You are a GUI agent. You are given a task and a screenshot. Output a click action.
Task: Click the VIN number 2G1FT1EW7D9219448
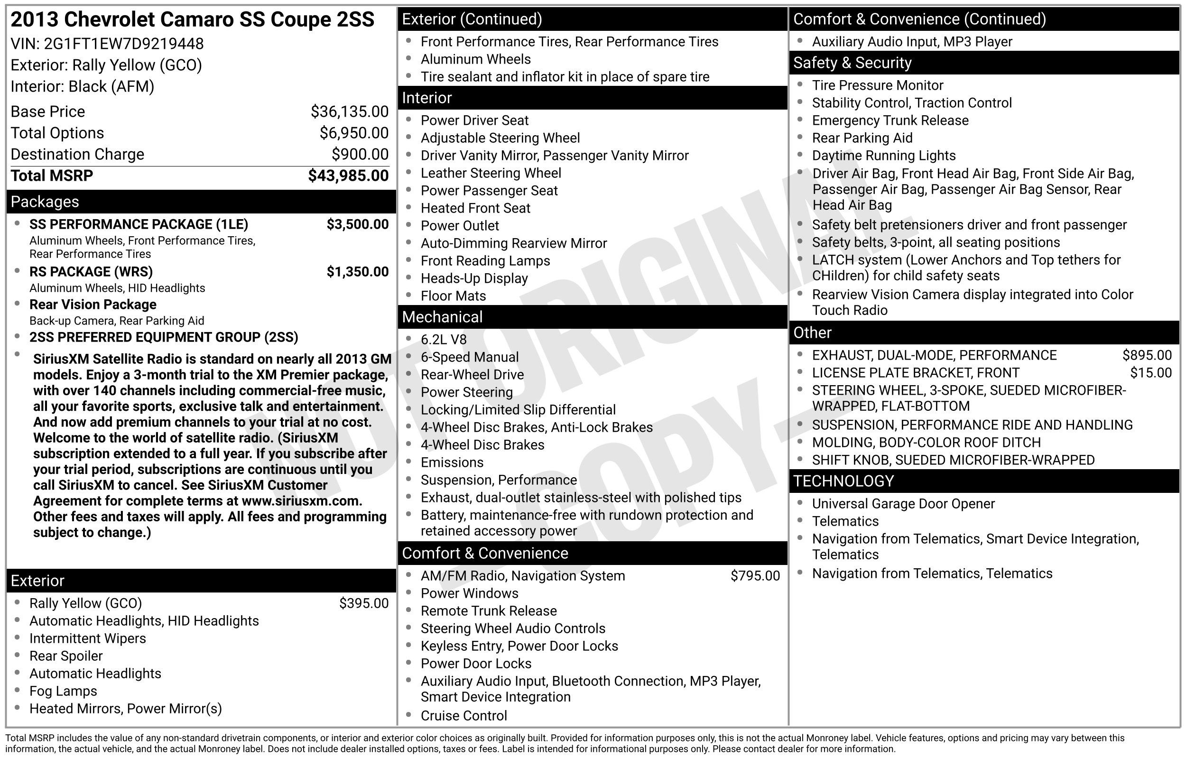coord(123,44)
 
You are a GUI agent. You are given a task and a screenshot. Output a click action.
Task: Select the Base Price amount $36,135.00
coord(349,112)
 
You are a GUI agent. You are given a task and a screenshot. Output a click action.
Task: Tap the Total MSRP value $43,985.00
coord(348,176)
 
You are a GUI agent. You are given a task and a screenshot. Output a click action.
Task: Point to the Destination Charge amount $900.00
coord(360,154)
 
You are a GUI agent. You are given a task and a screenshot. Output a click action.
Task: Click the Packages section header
coord(45,202)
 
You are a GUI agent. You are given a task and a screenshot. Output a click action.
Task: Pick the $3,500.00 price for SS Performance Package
coord(357,224)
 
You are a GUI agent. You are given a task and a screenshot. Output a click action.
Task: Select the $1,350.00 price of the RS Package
coord(357,271)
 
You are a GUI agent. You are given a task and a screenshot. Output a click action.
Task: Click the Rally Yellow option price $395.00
coord(364,603)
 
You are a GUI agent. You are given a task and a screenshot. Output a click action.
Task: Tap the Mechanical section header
coord(442,317)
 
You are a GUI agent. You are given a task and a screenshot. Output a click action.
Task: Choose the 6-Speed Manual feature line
coord(469,357)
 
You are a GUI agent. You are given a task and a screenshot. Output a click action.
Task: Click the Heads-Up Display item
coord(474,278)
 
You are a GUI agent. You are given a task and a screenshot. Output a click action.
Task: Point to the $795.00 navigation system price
coord(755,576)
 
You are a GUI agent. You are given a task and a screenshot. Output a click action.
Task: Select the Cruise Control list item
coord(463,716)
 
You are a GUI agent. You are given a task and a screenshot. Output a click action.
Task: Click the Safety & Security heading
coord(852,63)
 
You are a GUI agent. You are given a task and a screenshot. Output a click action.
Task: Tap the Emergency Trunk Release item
coord(890,120)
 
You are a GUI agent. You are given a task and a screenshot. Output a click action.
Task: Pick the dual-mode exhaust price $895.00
coord(1147,355)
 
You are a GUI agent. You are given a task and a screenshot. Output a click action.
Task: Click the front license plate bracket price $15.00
coord(1150,372)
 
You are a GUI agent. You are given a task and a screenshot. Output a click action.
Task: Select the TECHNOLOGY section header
coord(843,481)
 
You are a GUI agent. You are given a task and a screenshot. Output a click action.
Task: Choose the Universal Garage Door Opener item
coord(903,504)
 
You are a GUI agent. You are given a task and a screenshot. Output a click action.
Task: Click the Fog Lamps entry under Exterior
coord(63,691)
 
